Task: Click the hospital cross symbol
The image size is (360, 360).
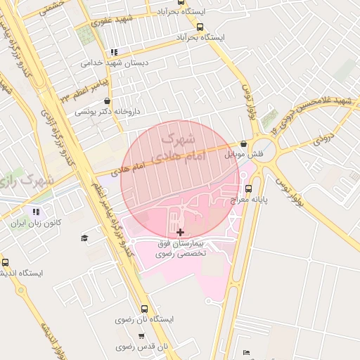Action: pyautogui.click(x=181, y=232)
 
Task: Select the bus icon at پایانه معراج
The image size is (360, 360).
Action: pyautogui.click(x=248, y=188)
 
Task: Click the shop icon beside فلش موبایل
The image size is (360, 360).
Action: pyautogui.click(x=243, y=143)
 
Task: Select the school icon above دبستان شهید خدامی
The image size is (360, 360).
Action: pyautogui.click(x=114, y=52)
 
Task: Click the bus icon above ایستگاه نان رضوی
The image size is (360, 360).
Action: pyautogui.click(x=145, y=309)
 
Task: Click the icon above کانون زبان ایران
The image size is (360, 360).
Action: pyautogui.click(x=36, y=212)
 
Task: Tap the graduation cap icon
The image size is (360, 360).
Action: pyautogui.click(x=85, y=238)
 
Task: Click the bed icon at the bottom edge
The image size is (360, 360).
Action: pyautogui.click(x=246, y=353)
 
